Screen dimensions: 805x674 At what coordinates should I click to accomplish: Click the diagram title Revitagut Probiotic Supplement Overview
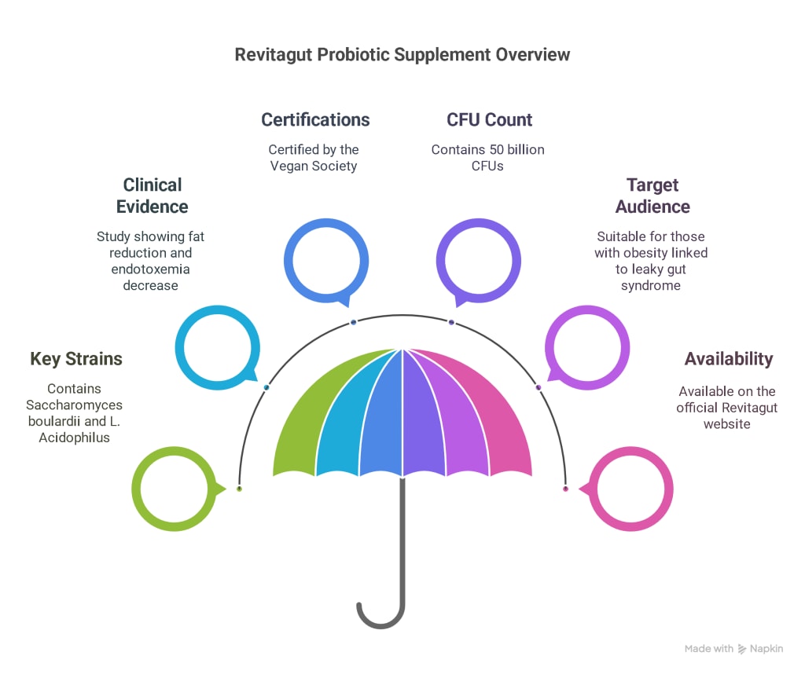pos(402,55)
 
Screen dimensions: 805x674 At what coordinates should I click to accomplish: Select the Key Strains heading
pos(76,359)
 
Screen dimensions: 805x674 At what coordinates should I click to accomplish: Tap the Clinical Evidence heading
pos(152,196)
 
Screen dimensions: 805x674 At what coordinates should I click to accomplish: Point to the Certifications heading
pos(315,119)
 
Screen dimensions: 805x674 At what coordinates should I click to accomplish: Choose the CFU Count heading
pos(489,119)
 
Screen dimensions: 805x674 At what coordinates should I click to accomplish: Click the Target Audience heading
pos(652,196)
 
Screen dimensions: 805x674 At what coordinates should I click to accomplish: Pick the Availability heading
pos(729,359)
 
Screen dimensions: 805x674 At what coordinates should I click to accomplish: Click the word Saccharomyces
pos(75,405)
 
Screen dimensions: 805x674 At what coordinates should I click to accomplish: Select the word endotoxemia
pos(150,269)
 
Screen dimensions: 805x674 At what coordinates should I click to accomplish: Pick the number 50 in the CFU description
pos(497,150)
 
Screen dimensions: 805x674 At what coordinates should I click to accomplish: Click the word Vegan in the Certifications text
pos(289,167)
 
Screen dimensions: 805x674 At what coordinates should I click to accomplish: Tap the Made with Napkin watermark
pos(733,649)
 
